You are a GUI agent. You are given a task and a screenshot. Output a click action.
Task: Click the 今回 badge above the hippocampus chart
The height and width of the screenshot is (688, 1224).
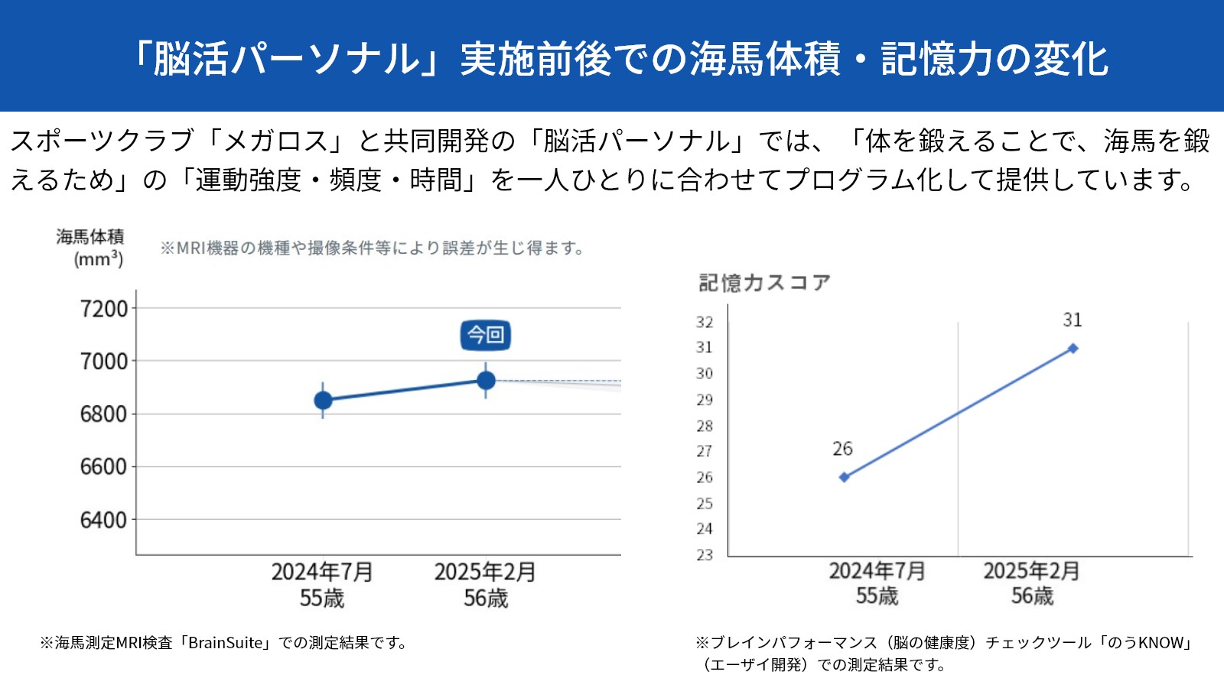pos(485,335)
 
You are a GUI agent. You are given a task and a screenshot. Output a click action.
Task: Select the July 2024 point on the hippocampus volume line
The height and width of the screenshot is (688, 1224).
pos(323,401)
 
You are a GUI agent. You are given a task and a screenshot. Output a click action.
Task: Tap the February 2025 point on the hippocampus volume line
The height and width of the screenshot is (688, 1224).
pos(486,381)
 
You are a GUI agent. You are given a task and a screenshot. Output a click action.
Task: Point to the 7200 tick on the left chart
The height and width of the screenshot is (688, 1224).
pos(104,309)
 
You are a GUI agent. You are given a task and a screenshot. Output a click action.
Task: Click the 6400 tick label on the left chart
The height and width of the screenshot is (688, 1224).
pos(104,521)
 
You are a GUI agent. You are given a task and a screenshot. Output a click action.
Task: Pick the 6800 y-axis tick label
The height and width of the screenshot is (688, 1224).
pos(104,414)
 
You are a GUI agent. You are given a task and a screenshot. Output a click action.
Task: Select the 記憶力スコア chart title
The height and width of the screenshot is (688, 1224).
pos(764,283)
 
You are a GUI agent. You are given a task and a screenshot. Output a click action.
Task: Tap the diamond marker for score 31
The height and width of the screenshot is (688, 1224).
pos(1073,349)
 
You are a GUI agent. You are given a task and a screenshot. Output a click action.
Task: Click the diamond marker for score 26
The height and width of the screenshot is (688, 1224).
pos(845,477)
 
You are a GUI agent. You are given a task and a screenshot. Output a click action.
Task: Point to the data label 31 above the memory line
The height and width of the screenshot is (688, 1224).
pos(1073,320)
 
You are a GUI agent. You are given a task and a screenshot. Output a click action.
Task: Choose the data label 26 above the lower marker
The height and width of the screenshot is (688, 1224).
pos(842,449)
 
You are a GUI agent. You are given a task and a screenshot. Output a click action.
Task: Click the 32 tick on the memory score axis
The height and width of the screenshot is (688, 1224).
pos(705,323)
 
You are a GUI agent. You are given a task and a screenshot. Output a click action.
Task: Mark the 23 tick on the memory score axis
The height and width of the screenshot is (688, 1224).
pos(705,555)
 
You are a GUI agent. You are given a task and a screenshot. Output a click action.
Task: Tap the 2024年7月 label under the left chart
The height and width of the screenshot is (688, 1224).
pos(322,572)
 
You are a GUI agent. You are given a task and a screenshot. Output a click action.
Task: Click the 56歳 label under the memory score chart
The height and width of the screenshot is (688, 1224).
pos(1032,596)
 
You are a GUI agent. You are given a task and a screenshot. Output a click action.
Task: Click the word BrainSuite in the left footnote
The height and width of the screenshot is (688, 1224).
pos(225,643)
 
